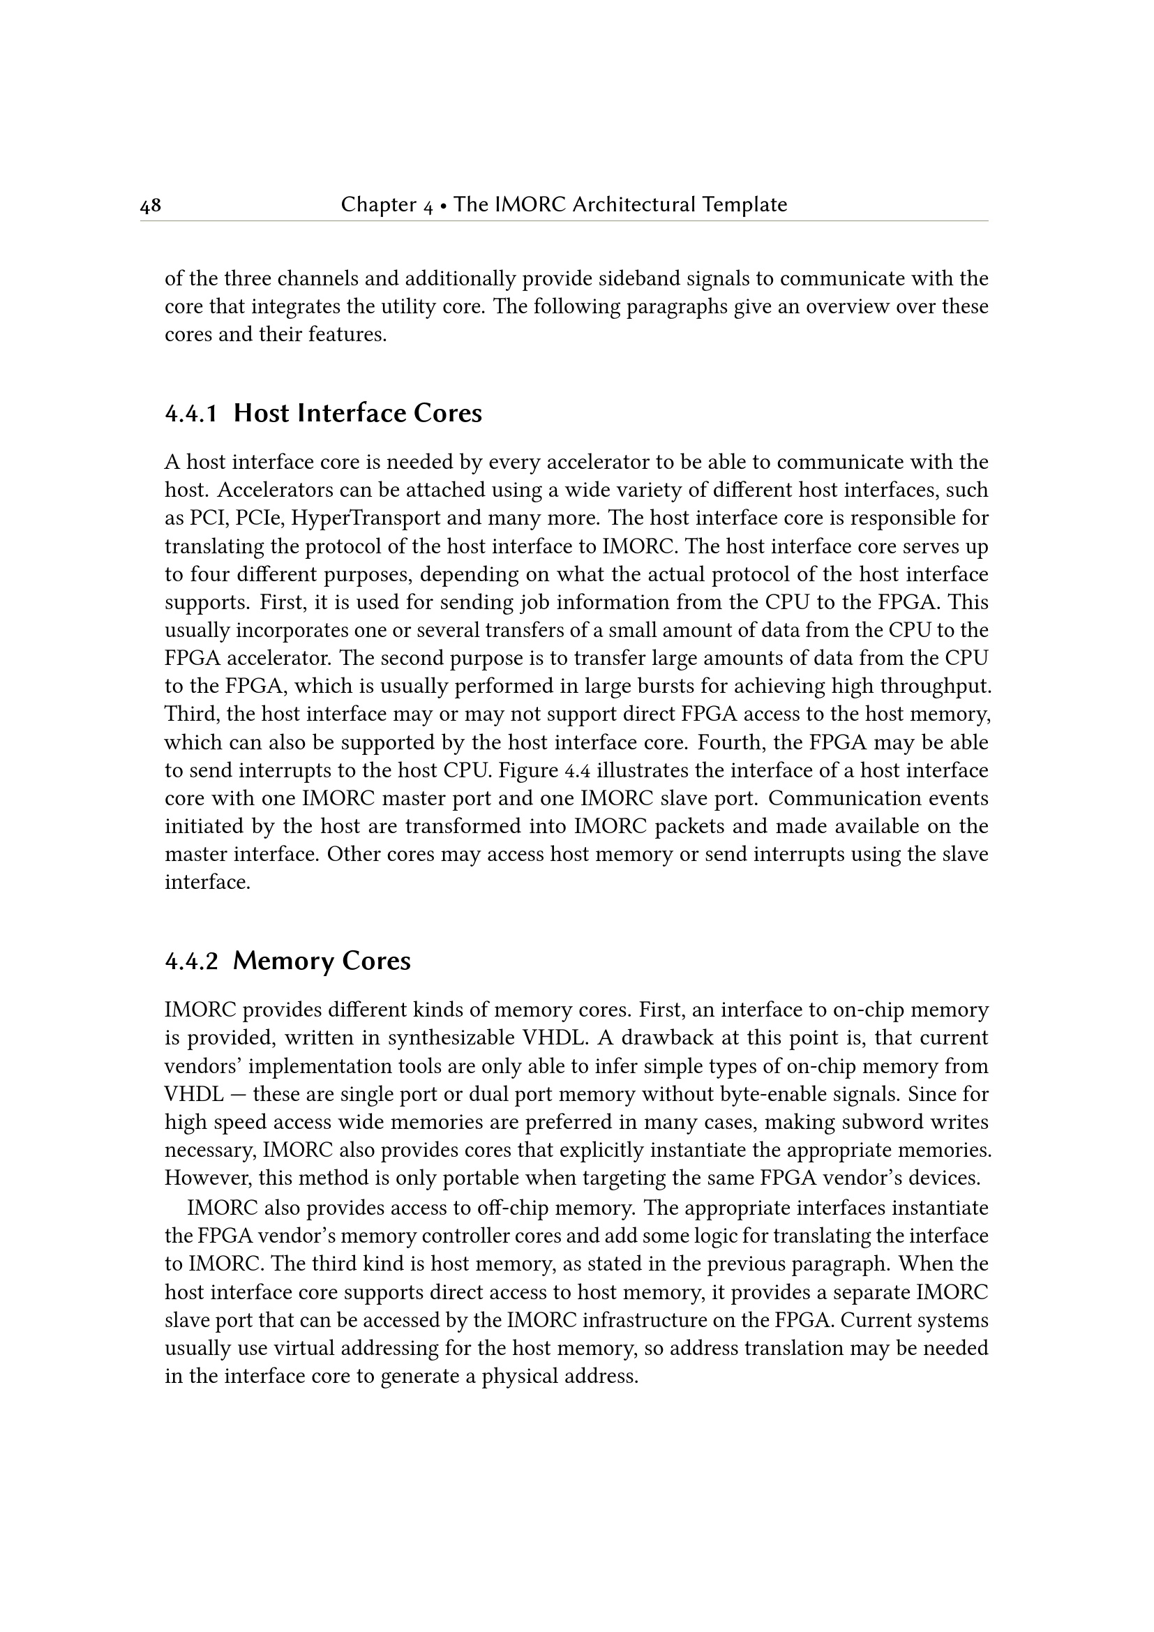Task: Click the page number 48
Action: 151,206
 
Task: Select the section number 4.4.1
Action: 191,414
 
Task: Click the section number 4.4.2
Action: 191,961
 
